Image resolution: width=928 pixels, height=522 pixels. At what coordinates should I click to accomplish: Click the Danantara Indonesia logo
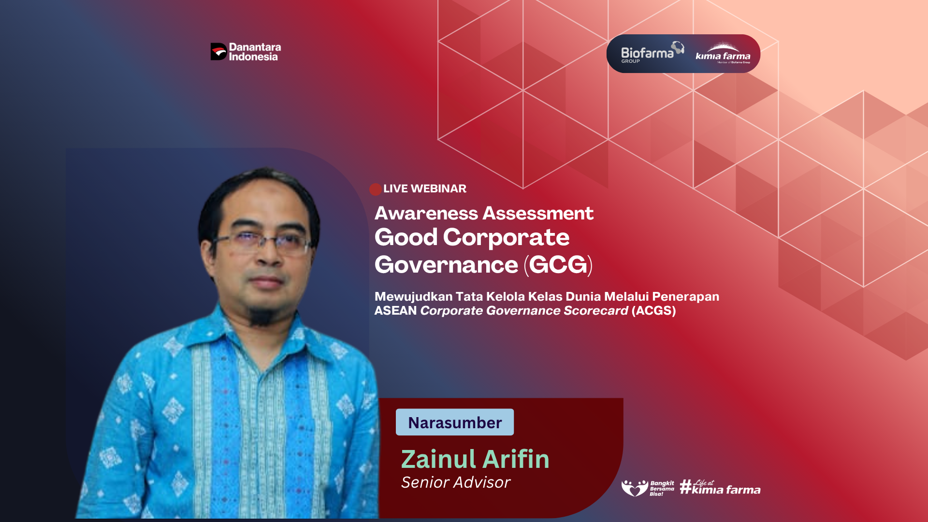(x=246, y=52)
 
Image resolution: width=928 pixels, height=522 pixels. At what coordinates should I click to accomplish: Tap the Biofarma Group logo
(x=652, y=52)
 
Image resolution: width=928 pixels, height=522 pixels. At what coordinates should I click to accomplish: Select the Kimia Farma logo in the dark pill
(x=723, y=54)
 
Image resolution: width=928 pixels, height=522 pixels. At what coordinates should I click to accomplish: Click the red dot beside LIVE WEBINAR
(x=376, y=189)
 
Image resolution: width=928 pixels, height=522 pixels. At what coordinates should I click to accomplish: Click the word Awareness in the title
(x=426, y=213)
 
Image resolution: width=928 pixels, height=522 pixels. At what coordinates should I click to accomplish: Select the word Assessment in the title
(x=538, y=213)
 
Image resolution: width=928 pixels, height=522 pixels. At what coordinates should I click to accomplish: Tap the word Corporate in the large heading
(x=506, y=237)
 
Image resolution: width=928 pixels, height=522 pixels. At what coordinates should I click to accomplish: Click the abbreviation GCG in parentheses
(x=558, y=264)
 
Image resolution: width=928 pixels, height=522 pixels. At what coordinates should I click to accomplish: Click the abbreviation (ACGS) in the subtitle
(x=653, y=310)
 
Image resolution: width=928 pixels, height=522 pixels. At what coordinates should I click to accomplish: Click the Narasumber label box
(x=455, y=422)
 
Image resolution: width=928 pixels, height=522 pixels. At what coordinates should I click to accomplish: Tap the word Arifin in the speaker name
(x=516, y=459)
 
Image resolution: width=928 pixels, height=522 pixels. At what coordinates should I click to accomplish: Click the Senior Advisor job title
(x=456, y=482)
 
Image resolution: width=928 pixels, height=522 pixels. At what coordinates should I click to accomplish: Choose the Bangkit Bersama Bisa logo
(x=648, y=488)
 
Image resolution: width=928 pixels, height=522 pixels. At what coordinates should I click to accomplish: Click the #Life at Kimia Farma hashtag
(x=720, y=487)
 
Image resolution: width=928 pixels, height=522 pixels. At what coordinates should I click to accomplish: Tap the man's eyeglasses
(x=261, y=242)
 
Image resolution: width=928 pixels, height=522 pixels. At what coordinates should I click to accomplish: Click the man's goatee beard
(x=261, y=315)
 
